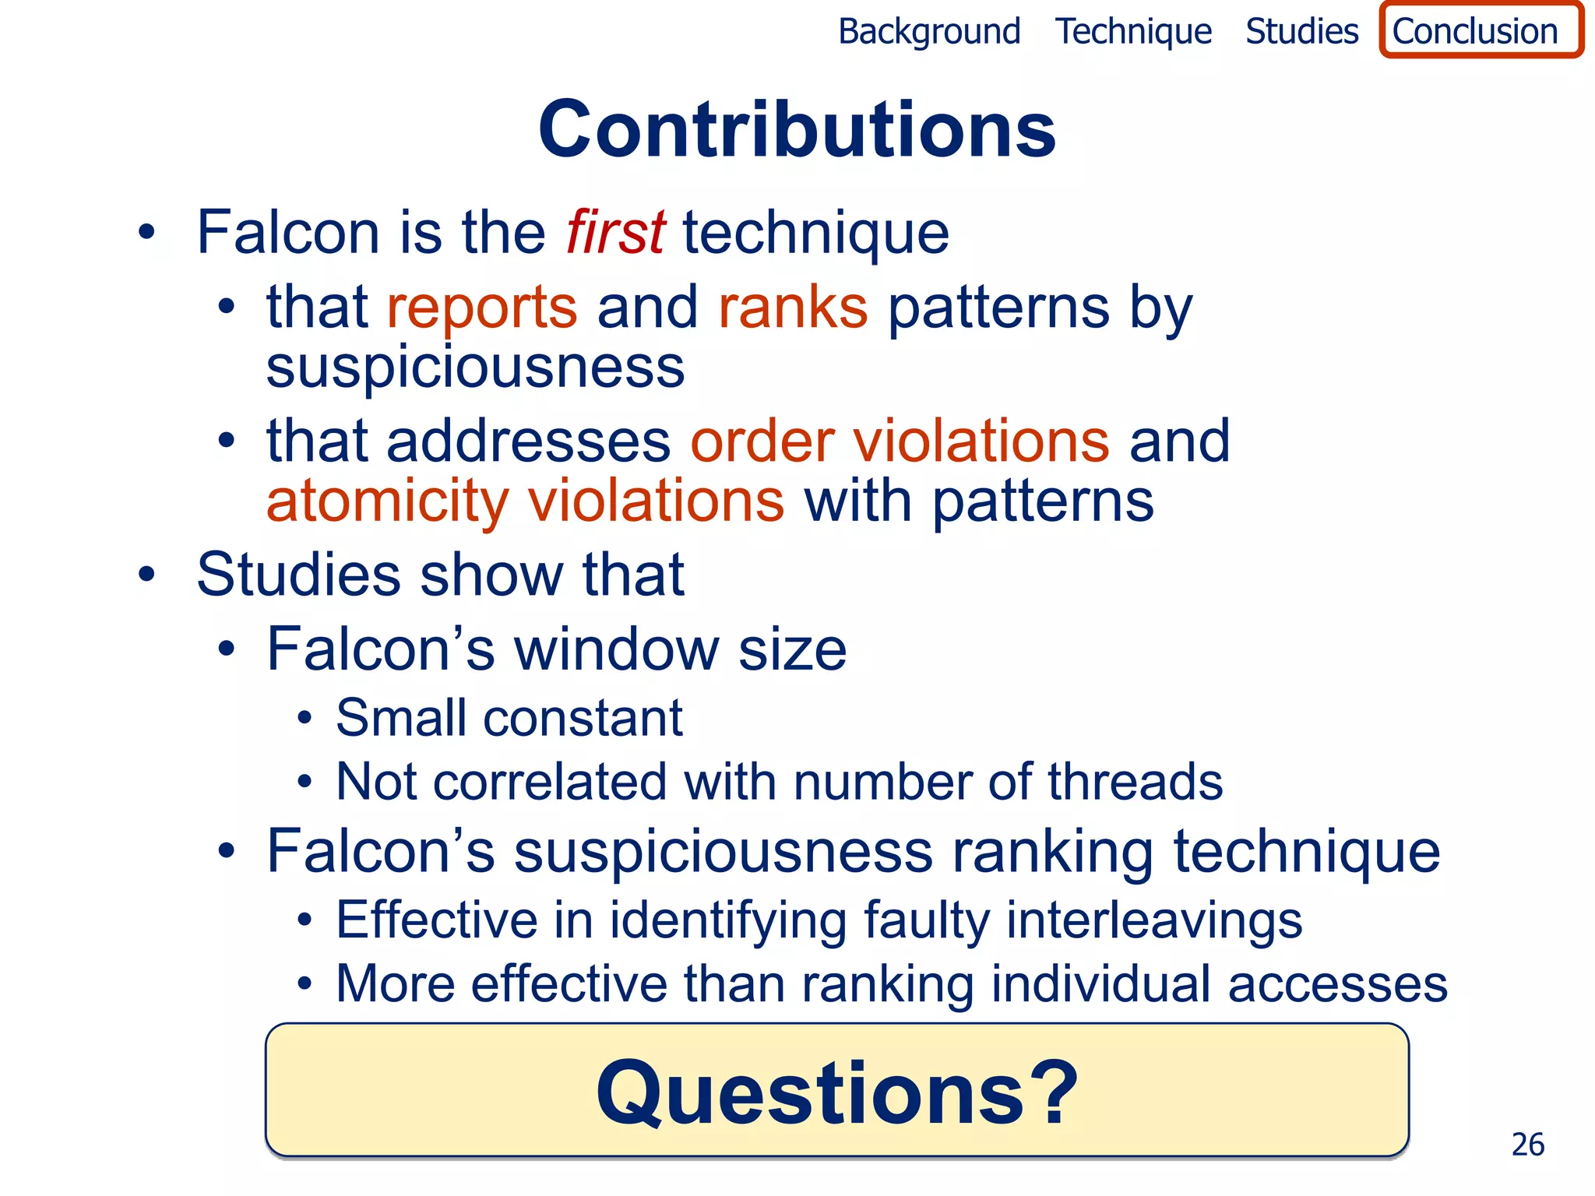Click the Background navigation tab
[x=928, y=32]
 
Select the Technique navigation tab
[x=1133, y=32]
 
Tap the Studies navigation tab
[x=1301, y=32]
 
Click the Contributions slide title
[x=797, y=129]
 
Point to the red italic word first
[x=615, y=232]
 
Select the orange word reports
[x=482, y=308]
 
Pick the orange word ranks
[x=792, y=308]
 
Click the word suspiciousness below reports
[x=475, y=368]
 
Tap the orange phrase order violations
[x=900, y=441]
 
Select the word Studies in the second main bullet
[x=298, y=575]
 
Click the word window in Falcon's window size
[x=617, y=649]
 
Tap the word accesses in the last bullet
[x=1337, y=984]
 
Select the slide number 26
[x=1527, y=1145]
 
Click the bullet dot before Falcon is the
[x=146, y=232]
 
